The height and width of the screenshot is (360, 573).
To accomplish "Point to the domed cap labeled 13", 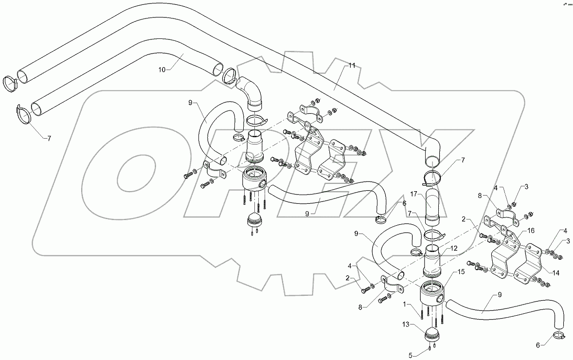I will click(432, 334).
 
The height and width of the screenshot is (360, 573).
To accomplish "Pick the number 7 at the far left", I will click(49, 138).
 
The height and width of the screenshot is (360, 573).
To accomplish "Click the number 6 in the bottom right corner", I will click(537, 345).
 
